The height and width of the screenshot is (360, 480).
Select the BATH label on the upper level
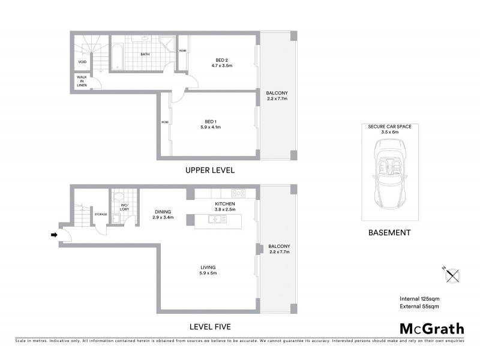coord(145,55)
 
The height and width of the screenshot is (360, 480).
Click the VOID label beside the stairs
coord(82,62)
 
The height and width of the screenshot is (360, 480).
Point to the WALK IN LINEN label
coord(82,81)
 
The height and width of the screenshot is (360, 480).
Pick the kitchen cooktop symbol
coord(238,193)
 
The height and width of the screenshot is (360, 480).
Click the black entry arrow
coord(55,235)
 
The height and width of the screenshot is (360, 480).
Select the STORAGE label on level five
coord(100,214)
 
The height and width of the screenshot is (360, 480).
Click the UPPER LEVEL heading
coord(209,171)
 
